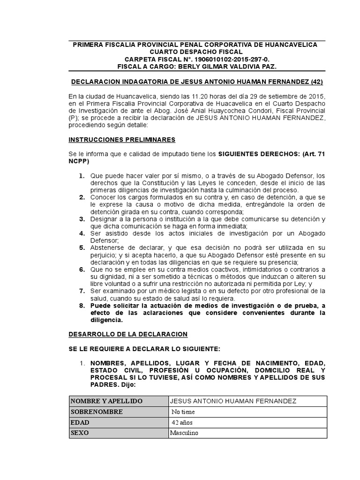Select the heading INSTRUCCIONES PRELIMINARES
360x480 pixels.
click(122, 140)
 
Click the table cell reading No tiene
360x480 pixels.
click(183, 412)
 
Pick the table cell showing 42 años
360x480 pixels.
click(182, 422)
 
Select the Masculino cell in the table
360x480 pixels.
click(184, 433)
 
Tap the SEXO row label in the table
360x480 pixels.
click(80, 433)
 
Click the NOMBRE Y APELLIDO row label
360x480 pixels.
click(106, 401)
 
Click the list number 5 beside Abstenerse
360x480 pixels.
click(82, 247)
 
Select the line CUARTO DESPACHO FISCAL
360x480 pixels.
click(196, 52)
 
